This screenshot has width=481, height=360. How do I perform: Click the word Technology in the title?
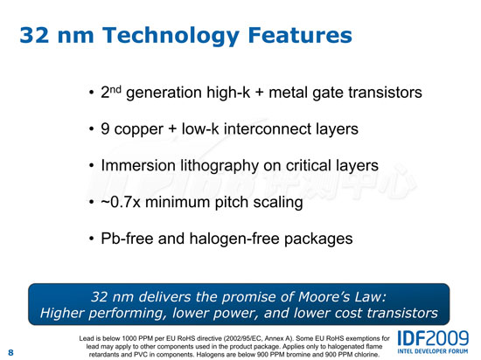click(171, 36)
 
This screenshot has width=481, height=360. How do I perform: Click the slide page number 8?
click(10, 352)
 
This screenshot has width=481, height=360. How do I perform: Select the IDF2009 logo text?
click(433, 338)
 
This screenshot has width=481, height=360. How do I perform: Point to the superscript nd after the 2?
click(115, 89)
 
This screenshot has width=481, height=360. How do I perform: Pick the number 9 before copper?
click(105, 128)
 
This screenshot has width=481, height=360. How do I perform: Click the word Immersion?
click(138, 165)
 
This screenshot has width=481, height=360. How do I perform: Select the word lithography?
click(220, 166)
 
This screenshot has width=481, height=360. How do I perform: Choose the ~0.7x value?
click(121, 202)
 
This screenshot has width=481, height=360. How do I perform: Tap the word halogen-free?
click(234, 239)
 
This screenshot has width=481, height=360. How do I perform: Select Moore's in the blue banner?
click(324, 296)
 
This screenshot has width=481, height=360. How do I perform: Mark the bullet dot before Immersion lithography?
click(91, 165)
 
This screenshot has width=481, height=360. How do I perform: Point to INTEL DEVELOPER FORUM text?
click(433, 351)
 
